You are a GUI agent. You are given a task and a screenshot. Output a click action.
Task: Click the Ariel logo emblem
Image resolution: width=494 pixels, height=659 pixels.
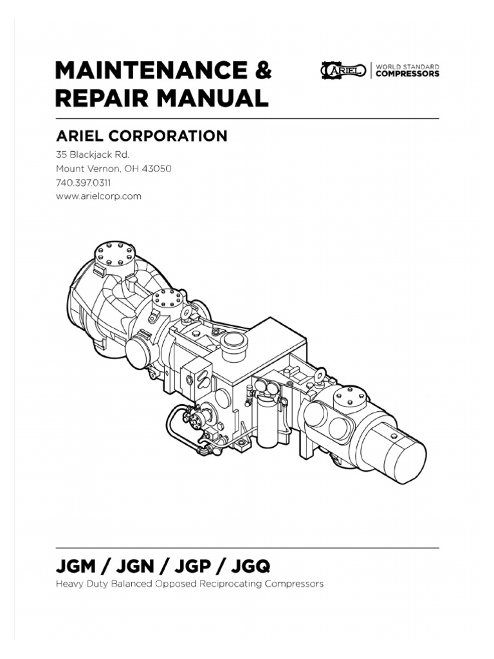[342, 70]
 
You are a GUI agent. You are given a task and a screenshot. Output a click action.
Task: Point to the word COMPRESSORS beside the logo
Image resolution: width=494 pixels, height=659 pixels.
[407, 74]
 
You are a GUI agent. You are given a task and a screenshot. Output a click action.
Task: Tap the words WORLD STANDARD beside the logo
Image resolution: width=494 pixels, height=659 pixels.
[407, 66]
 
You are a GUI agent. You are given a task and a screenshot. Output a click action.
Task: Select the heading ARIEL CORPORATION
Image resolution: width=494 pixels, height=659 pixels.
[142, 136]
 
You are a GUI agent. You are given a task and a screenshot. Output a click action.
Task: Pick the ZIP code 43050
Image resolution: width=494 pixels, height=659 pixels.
[156, 169]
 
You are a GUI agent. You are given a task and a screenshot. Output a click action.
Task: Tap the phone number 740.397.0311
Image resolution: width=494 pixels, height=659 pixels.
[83, 183]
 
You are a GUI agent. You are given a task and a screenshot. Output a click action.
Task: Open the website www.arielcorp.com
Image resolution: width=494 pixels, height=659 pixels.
[98, 196]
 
